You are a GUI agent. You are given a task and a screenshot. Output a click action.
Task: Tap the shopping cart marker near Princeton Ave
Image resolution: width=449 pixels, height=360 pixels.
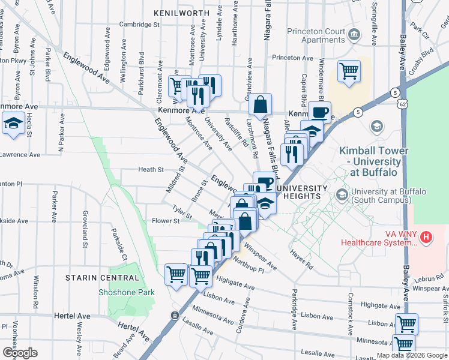click(349, 71)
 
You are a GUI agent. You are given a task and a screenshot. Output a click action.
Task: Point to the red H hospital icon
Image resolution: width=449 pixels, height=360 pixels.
click(426, 237)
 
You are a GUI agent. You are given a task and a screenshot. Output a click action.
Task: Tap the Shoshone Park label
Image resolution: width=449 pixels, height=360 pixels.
click(127, 292)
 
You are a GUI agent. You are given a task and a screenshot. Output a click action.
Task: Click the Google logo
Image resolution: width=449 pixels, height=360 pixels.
click(20, 353)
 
